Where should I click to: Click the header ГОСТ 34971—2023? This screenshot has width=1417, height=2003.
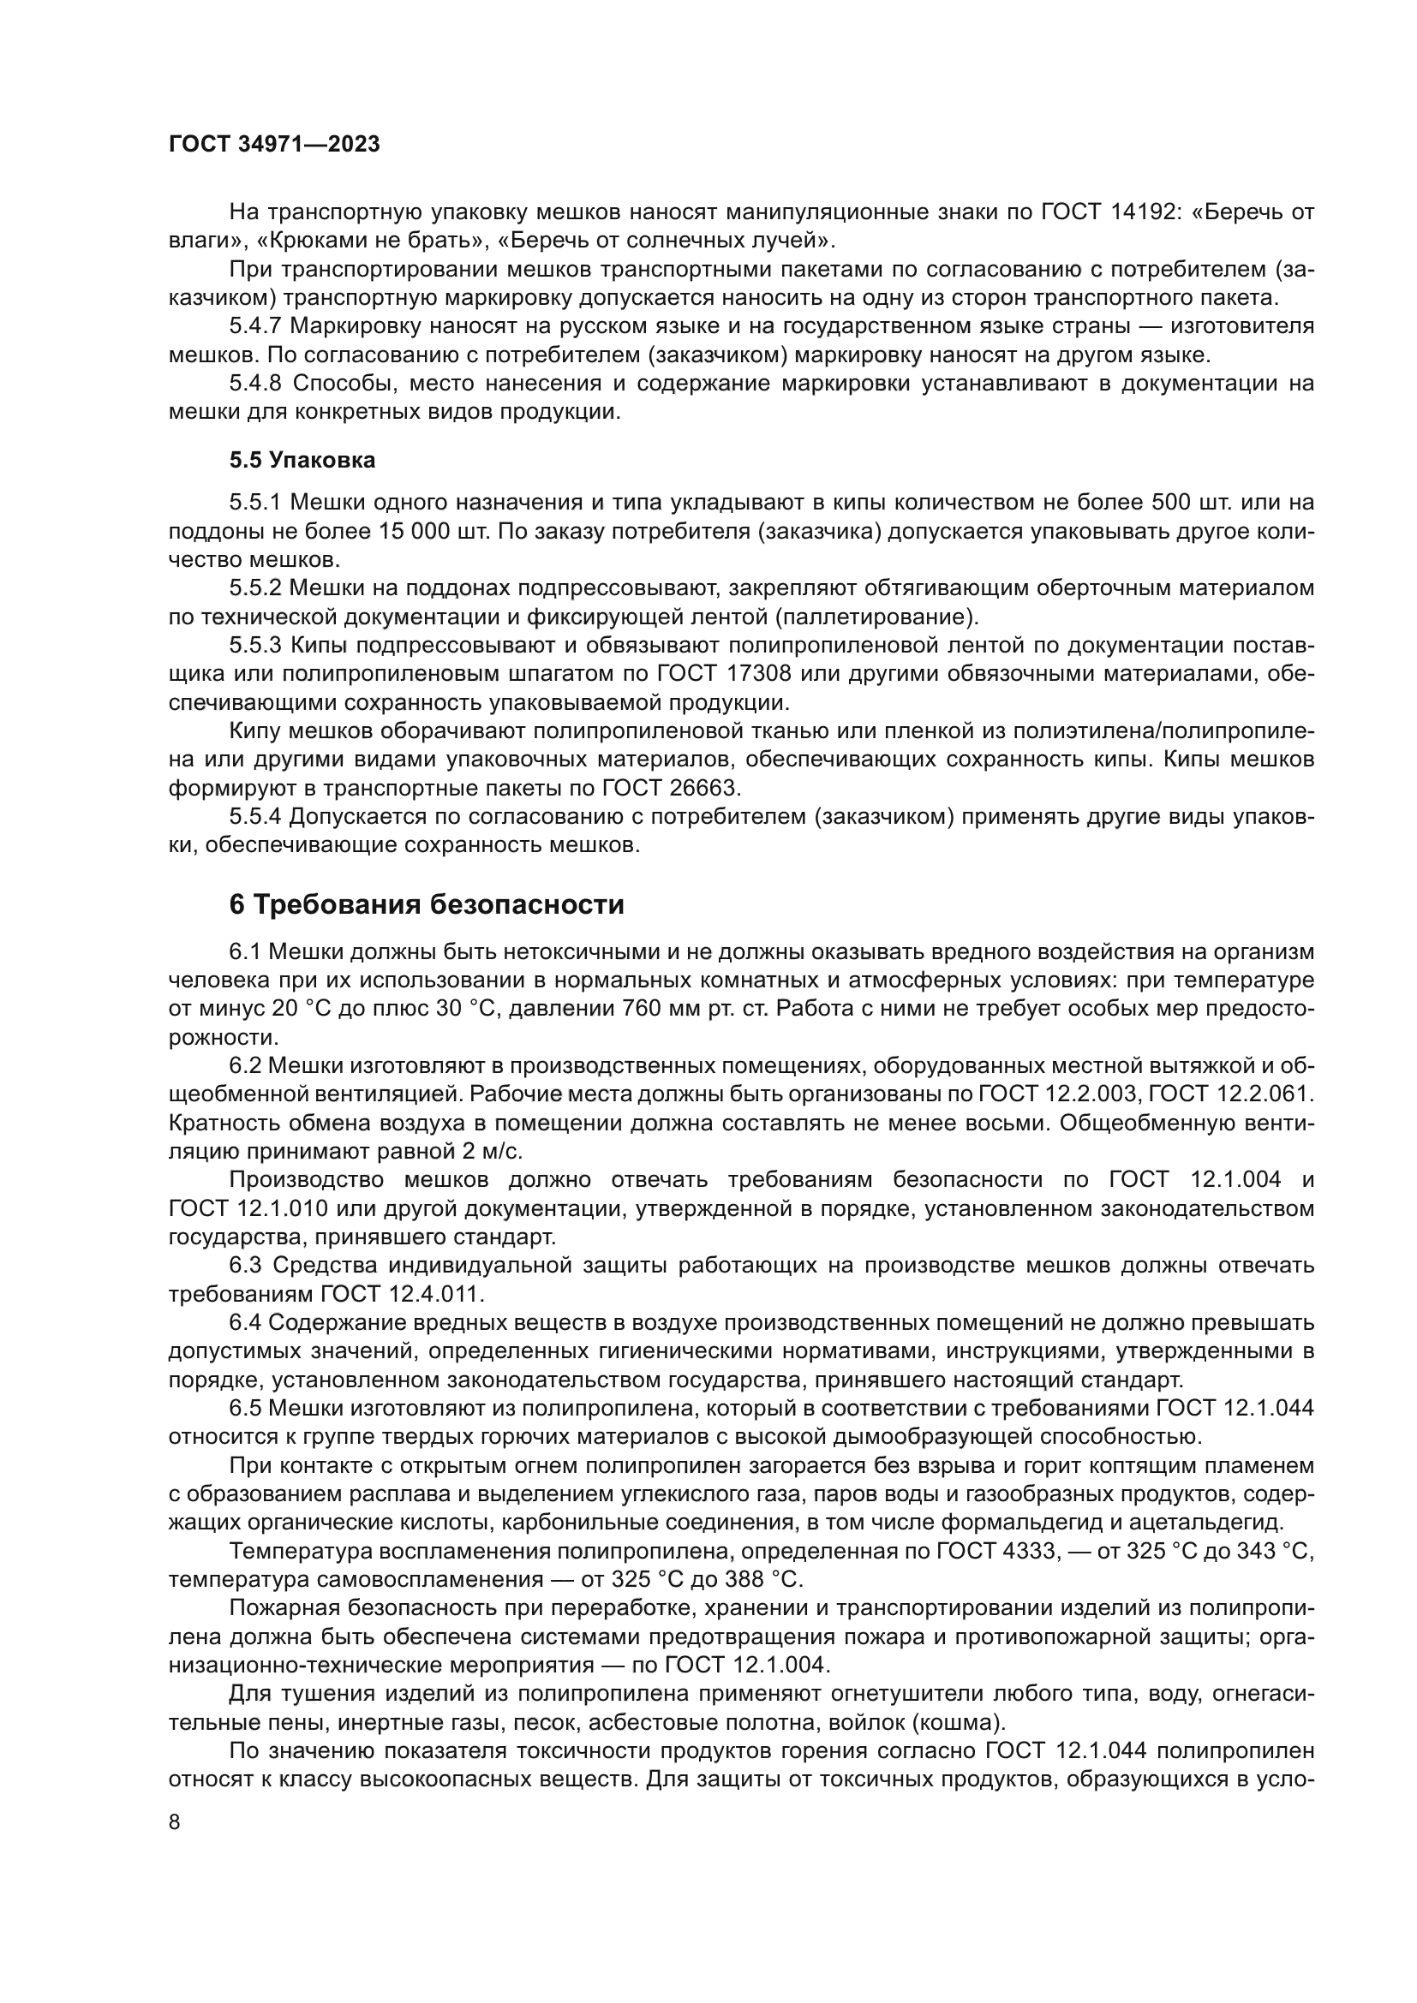[x=274, y=145]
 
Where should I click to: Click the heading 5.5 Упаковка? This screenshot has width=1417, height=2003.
[x=302, y=460]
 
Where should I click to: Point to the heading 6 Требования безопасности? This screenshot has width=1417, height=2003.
[x=426, y=904]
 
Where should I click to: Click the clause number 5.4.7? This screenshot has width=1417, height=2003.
[x=255, y=326]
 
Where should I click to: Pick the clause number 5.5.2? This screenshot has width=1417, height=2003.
[x=255, y=588]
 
